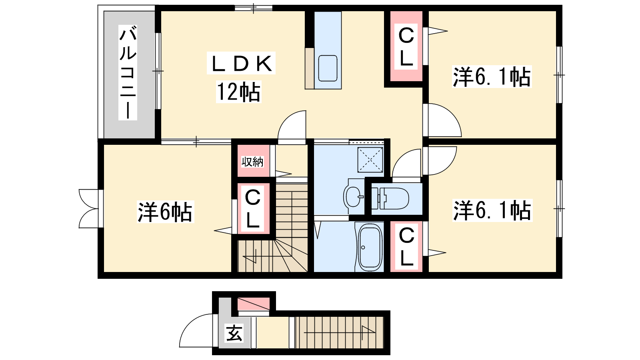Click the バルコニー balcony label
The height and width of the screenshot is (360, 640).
tap(128, 72)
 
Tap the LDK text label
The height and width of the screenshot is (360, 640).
tap(241, 63)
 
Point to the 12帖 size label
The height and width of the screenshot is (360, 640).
tap(238, 92)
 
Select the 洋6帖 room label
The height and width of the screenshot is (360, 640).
tap(165, 212)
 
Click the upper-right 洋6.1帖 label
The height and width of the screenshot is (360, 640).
tap(492, 76)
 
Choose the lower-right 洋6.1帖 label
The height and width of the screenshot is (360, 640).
tap(492, 210)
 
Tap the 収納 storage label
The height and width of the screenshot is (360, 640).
tap(252, 162)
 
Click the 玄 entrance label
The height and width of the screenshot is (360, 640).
tap(234, 333)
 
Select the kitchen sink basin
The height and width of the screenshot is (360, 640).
tap(328, 68)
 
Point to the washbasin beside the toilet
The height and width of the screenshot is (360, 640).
tap(354, 196)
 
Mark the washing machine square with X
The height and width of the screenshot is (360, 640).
tap(370, 160)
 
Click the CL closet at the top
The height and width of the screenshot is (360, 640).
tap(406, 46)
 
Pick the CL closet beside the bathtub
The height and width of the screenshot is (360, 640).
tap(406, 246)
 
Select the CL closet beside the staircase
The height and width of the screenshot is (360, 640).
tap(253, 208)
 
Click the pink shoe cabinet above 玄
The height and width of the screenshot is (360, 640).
tap(254, 304)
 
